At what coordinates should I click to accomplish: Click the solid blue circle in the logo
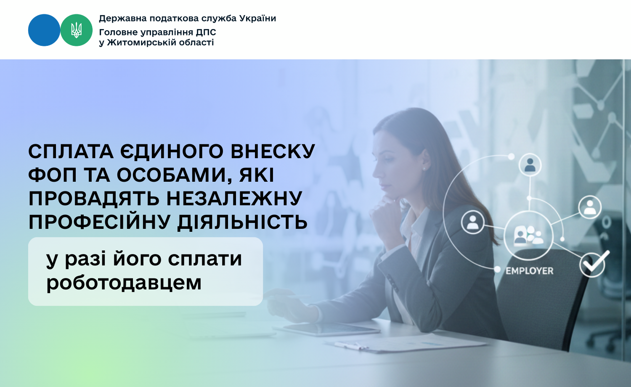click(44, 30)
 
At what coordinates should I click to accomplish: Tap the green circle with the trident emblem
click(76, 30)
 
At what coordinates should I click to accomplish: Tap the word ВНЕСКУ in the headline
click(273, 151)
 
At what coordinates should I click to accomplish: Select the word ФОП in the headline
click(53, 175)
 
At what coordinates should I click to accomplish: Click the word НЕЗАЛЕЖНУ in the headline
click(234, 198)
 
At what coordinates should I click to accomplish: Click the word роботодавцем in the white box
click(124, 283)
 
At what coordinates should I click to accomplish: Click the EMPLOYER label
click(529, 271)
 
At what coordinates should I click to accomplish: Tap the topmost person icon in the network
click(530, 165)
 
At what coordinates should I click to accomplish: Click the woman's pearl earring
click(424, 168)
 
